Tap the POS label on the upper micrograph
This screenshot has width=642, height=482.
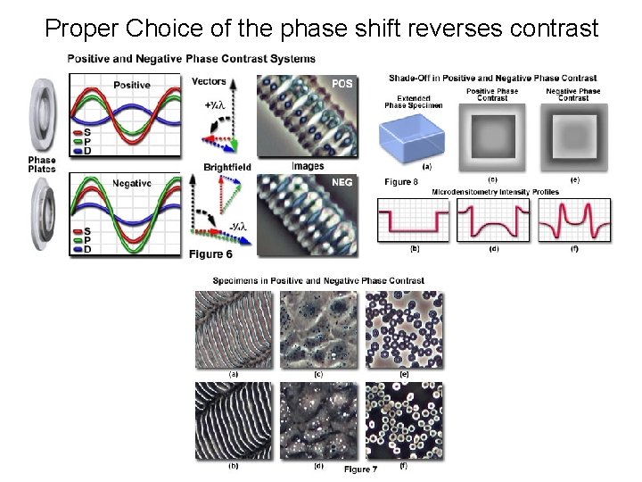pos(342,84)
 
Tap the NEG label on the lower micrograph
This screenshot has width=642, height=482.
pos(343,182)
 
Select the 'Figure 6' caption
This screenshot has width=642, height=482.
pos(210,254)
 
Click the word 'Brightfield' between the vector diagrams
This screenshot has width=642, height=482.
pos(227,167)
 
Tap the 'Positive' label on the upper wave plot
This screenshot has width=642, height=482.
pos(132,85)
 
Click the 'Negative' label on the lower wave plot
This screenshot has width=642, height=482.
pos(133,183)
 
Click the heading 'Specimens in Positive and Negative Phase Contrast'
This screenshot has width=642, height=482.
pos(318,280)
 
